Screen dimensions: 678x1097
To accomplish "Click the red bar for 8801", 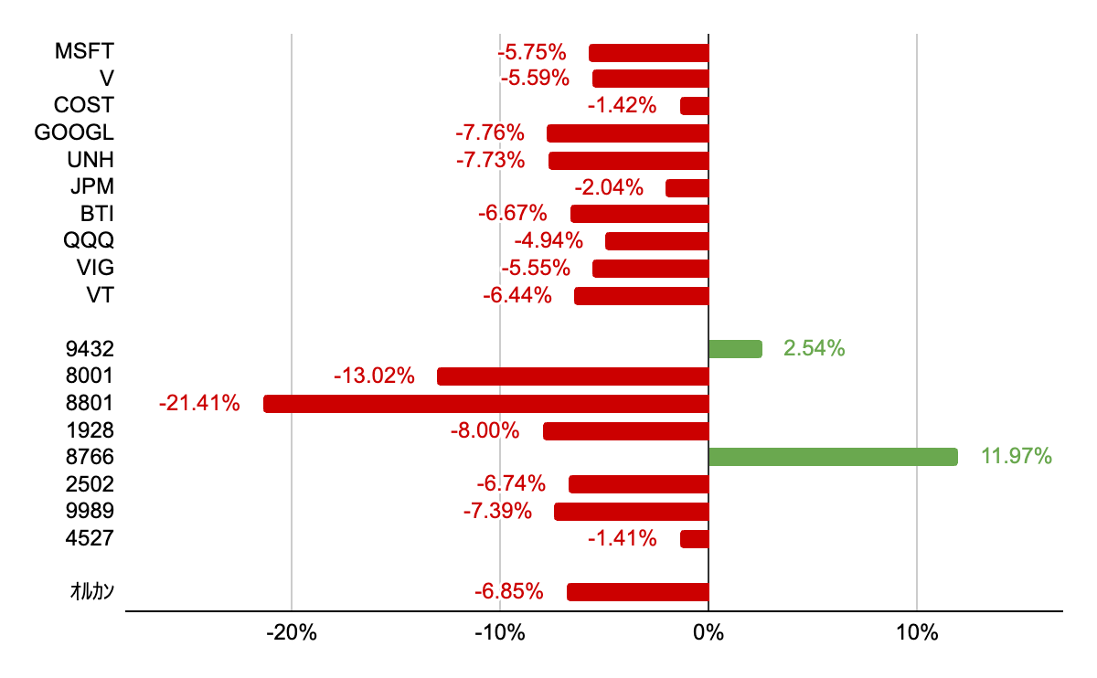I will point(485,403).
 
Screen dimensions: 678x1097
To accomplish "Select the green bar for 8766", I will point(833,457).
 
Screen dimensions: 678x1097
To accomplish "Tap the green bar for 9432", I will point(735,349).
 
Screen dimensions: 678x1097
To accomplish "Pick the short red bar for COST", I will point(695,106).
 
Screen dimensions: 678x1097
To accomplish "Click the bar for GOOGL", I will point(628,133).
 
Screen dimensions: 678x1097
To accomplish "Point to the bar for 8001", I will point(573,376).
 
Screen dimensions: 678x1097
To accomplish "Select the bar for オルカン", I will point(638,592).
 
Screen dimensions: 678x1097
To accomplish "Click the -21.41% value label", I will point(199,403).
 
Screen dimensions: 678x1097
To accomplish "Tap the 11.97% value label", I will point(1017,457).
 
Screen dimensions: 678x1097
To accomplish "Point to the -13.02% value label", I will point(375,376).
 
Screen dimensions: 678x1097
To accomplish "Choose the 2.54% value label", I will point(814,349).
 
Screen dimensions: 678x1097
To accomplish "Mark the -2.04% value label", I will point(609,188).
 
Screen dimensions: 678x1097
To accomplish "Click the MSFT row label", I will point(84,51).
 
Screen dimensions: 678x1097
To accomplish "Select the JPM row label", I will point(91,188).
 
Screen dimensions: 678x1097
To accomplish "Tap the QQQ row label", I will point(89,241).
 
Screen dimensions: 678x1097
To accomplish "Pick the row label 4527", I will point(90,538).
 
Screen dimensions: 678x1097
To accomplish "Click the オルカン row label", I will point(92,592).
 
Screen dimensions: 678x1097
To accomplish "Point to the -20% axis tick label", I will point(291,633).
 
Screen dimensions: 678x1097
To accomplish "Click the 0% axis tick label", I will point(708,633).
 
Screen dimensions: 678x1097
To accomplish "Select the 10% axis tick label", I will point(917,633).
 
